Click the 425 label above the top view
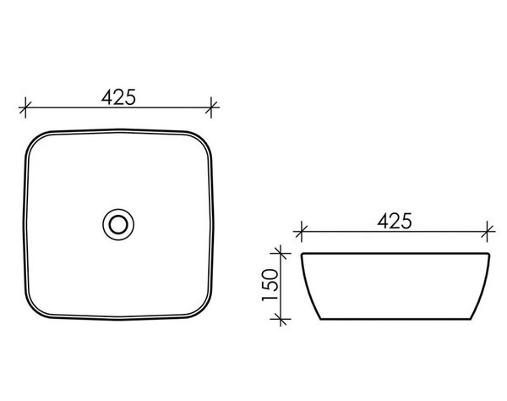pos(118,97)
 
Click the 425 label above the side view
pos(395,222)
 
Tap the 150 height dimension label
pos(270,285)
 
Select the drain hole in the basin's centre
pos(118,224)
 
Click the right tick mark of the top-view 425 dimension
pos(211,107)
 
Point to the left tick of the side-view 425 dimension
pos(302,232)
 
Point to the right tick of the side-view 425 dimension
pos(488,232)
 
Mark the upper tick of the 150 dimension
pos(281,254)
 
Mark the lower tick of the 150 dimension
pos(281,319)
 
